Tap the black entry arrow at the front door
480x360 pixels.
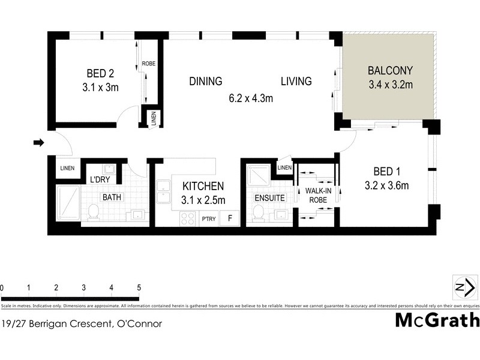click(x=38, y=143)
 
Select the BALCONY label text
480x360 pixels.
click(x=390, y=70)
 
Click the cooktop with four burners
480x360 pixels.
click(x=187, y=219)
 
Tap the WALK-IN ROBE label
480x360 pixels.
click(x=316, y=196)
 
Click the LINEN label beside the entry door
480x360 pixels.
click(x=67, y=168)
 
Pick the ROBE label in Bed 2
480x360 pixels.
click(x=149, y=63)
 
